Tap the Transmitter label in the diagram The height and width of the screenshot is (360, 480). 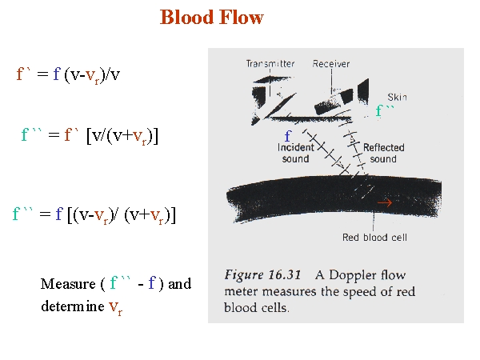(x=270, y=64)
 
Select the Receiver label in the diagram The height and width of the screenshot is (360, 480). (x=331, y=64)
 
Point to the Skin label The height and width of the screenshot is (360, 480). (x=398, y=98)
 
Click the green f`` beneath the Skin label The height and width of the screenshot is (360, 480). (x=385, y=110)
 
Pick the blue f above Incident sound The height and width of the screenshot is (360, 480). (x=288, y=136)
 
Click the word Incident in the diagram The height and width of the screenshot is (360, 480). (x=296, y=147)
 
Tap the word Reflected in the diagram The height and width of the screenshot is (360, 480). (x=383, y=147)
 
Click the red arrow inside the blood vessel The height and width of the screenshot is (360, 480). (x=385, y=202)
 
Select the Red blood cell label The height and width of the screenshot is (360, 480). (x=374, y=238)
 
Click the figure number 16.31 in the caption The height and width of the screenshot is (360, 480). (x=284, y=275)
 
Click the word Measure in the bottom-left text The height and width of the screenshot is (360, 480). (x=68, y=284)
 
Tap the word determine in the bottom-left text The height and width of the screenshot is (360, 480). (x=73, y=306)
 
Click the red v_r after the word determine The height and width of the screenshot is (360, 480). (x=115, y=307)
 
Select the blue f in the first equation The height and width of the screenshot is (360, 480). (x=57, y=74)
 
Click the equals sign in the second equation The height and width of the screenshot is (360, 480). (x=54, y=134)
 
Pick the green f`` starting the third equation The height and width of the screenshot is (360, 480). (x=22, y=214)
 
